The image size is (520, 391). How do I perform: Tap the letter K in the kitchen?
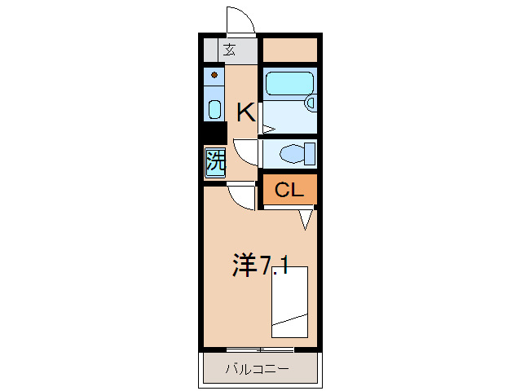coord(245,112)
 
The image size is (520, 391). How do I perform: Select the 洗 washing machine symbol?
coord(215,161)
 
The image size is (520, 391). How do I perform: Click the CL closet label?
coord(289,191)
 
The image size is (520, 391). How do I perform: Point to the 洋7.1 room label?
coord(259,265)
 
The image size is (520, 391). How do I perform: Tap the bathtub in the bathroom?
coord(289,84)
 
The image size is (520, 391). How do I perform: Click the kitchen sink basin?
coord(214,110)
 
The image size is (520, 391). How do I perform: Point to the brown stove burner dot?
coord(214,76)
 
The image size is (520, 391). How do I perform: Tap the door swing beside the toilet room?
coord(245,152)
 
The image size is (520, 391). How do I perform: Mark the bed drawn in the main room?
coord(289,301)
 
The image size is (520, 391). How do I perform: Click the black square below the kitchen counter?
coord(214,134)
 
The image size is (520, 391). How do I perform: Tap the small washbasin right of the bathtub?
coord(310,103)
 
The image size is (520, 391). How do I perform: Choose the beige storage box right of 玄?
coord(289,50)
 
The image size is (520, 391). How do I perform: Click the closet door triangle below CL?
coord(306,218)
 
